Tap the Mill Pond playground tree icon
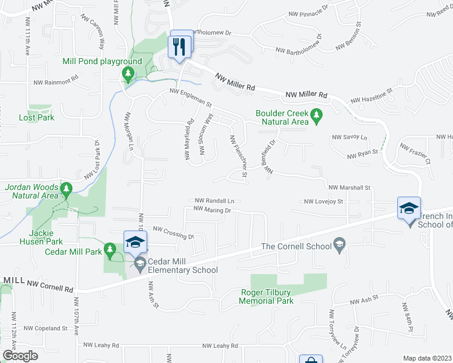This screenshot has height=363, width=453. (x=128, y=74)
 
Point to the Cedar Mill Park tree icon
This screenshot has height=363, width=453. (x=110, y=248)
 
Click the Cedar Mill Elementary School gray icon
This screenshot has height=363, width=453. (x=141, y=263)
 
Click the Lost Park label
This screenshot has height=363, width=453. (x=36, y=117)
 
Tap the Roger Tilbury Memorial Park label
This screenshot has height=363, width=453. (x=266, y=296)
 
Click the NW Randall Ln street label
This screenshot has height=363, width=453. (x=214, y=200)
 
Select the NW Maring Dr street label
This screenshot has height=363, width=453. (x=213, y=209)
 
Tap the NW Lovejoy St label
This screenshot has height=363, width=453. (x=323, y=201)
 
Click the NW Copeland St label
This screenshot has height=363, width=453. (x=45, y=328)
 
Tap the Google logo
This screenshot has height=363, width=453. (x=20, y=356)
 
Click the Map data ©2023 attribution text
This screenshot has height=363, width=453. (x=427, y=358)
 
